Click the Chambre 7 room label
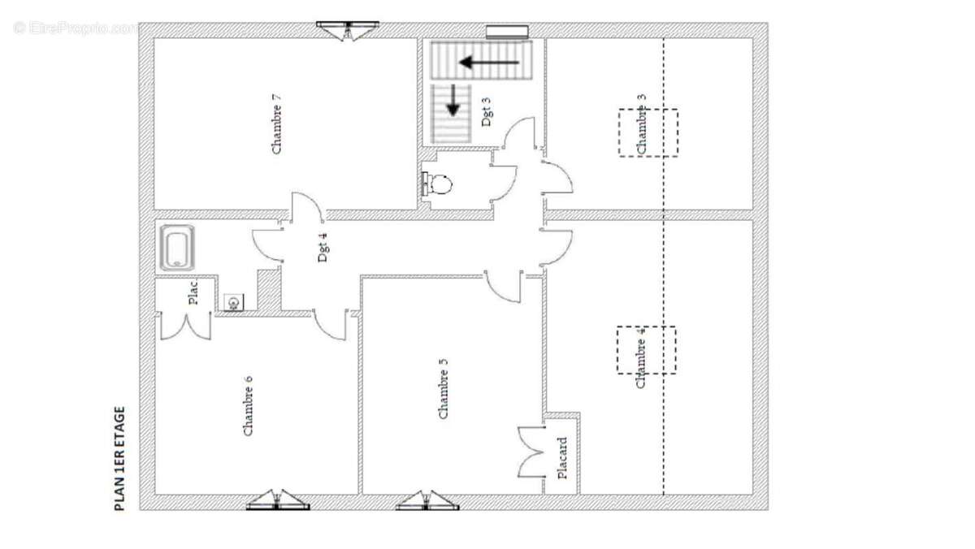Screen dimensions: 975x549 tap(276, 124)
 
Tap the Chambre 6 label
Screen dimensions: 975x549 tap(248, 405)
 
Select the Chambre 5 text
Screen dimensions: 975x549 tap(443, 388)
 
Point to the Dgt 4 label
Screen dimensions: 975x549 tap(323, 247)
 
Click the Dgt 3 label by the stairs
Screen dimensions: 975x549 tap(487, 112)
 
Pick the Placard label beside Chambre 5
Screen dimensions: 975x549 tap(562, 458)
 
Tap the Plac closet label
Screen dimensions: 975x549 tap(193, 292)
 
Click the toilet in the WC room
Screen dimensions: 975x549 tap(437, 184)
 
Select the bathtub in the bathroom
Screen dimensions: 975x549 tap(177, 248)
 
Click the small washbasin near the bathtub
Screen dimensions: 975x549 tap(234, 302)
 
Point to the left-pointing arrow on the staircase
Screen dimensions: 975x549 tap(489, 63)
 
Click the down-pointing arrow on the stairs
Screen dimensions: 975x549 tap(453, 101)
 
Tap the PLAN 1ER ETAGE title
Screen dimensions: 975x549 tap(119, 459)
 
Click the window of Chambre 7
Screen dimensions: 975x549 tap(348, 30)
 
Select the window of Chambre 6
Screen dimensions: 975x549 tap(278, 500)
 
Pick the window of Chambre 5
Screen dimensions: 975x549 tap(427, 500)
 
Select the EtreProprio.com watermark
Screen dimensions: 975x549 tap(75, 28)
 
